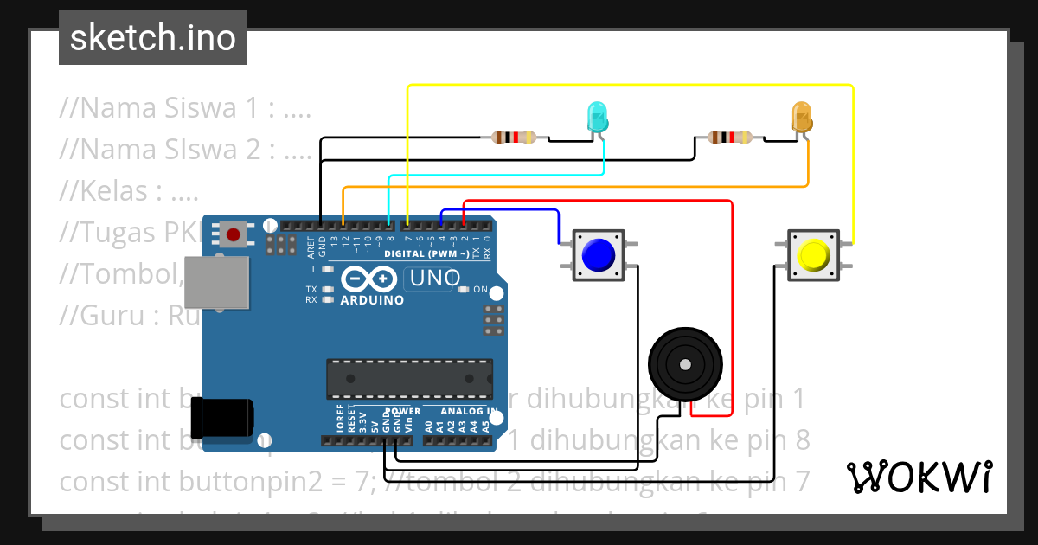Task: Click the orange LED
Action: click(x=802, y=117)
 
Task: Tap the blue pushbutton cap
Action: click(x=598, y=255)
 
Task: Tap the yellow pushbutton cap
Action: click(x=813, y=255)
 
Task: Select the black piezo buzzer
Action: click(x=684, y=364)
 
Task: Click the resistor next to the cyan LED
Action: click(x=514, y=137)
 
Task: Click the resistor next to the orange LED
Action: click(x=730, y=137)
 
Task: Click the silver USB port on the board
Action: click(x=216, y=284)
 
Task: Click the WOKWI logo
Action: click(x=919, y=477)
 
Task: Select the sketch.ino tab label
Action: click(x=153, y=38)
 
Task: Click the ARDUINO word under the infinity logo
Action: click(x=373, y=300)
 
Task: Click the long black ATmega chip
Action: click(x=408, y=378)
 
